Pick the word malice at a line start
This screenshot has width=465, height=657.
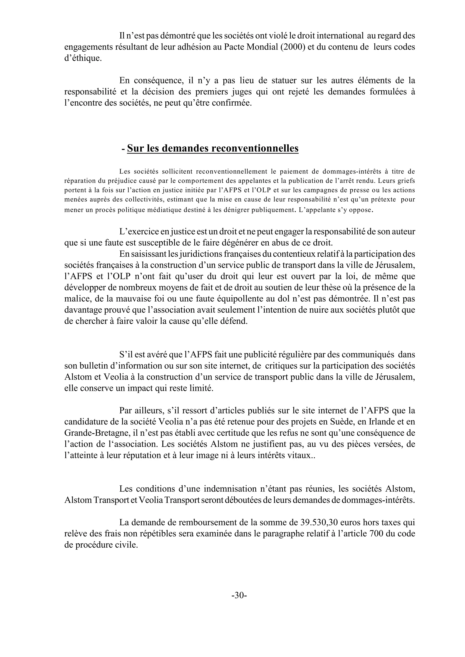point(77,299)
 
